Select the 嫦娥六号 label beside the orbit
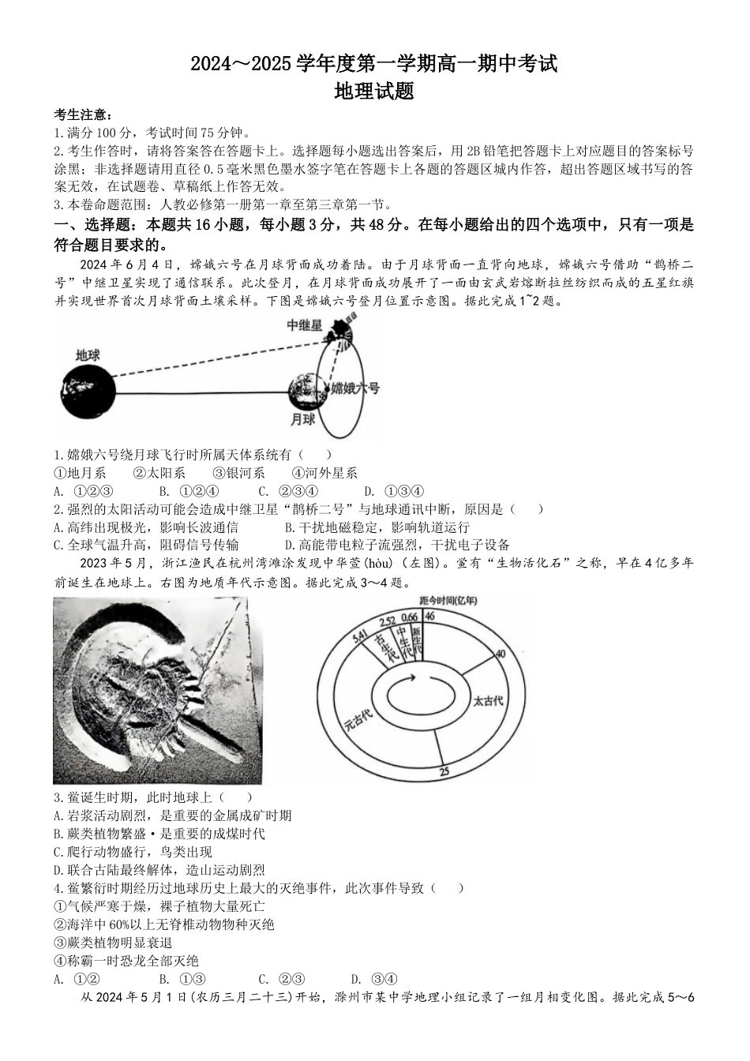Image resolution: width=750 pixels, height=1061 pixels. tap(355, 388)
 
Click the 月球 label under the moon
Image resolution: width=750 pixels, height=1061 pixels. tap(302, 419)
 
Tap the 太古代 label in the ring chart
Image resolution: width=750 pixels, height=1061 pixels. tap(487, 699)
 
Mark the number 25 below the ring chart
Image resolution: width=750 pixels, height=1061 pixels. tap(444, 771)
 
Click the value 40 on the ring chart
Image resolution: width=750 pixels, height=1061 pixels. tap(500, 654)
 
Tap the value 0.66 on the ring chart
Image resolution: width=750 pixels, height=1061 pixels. tap(409, 617)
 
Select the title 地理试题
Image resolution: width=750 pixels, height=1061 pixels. tap(374, 92)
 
